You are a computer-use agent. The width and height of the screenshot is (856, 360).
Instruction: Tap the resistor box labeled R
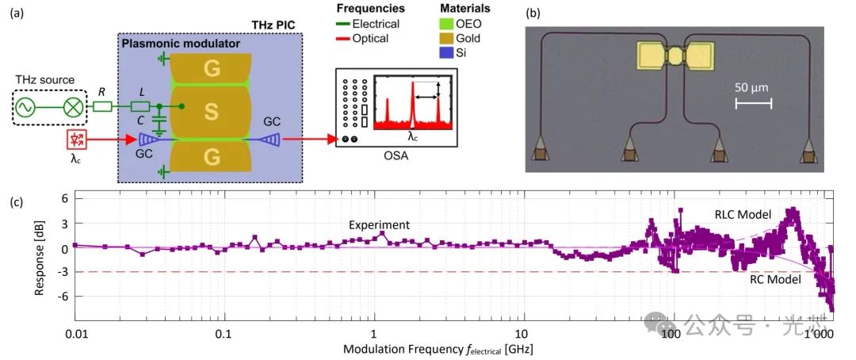(x=101, y=106)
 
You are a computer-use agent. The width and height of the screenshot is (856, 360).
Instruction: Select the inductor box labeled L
(x=140, y=106)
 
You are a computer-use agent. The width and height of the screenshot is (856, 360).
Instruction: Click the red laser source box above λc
(x=77, y=140)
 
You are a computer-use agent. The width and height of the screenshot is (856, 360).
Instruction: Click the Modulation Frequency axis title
(x=444, y=348)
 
